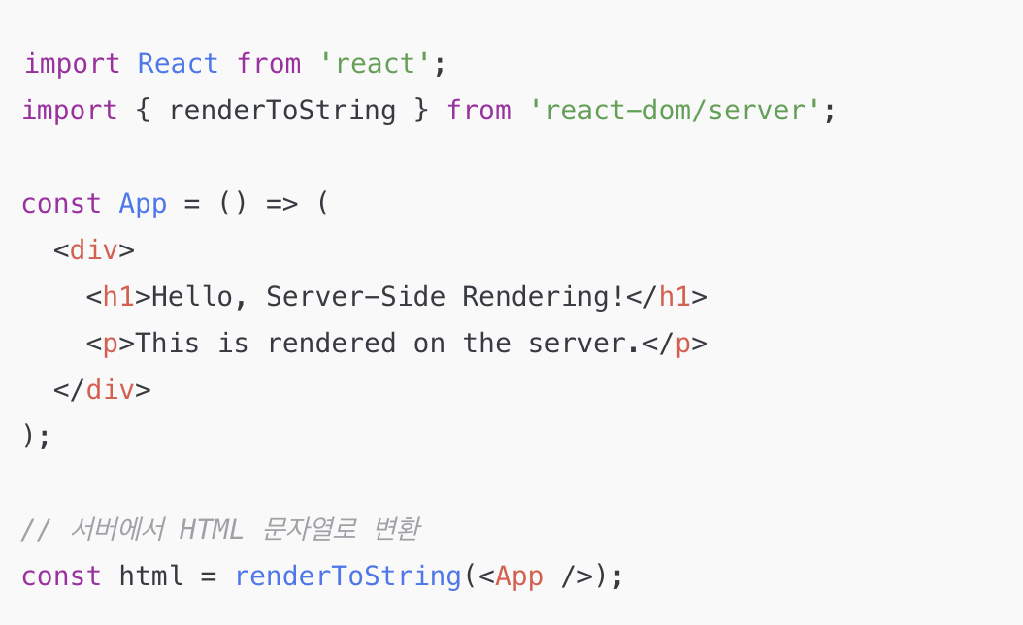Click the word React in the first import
coord(178,64)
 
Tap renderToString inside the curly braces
coord(282,111)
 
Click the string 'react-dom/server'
coord(676,111)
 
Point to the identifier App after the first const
coord(143,204)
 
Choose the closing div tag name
coord(111,390)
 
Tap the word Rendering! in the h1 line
coord(544,297)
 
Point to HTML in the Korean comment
coord(211,530)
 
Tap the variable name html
coord(151,576)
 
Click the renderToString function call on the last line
coord(347,576)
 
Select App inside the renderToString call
coord(519,576)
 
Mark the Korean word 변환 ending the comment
coord(396,530)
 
